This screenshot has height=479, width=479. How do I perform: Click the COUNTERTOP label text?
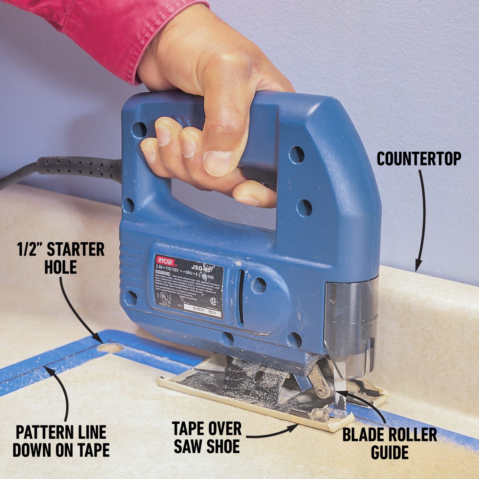point(419,159)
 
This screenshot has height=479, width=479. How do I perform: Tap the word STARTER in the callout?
point(76,250)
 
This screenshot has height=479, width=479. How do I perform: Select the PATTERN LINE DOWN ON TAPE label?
point(61,441)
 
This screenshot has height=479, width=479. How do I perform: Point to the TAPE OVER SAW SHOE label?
point(207,437)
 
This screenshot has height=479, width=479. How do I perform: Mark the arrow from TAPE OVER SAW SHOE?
point(275,433)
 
